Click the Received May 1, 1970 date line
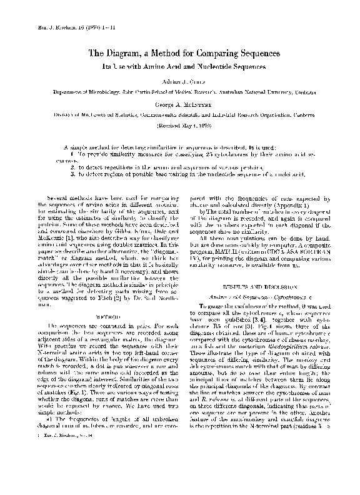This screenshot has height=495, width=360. click(x=179, y=126)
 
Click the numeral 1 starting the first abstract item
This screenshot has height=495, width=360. click(x=72, y=153)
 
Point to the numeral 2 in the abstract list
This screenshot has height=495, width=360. click(x=72, y=167)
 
